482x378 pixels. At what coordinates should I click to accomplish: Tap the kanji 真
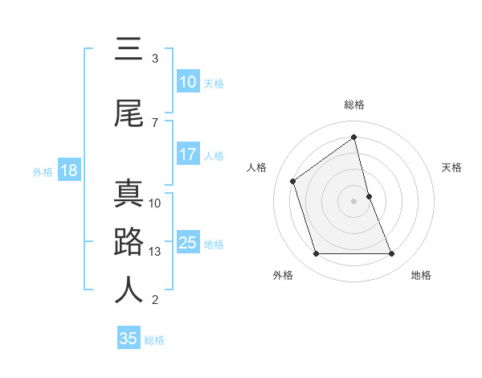tap(129, 194)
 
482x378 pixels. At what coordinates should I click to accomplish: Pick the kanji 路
tap(129, 242)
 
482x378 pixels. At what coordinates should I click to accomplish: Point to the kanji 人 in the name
tap(129, 290)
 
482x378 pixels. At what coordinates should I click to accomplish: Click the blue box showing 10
tap(188, 82)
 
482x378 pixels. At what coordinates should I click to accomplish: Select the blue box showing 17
tap(188, 154)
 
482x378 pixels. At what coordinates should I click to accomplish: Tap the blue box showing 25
tap(188, 243)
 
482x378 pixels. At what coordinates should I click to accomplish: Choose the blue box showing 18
tap(68, 171)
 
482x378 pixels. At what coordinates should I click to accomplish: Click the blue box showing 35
tap(129, 339)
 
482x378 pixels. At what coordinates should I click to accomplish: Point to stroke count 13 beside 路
tap(156, 252)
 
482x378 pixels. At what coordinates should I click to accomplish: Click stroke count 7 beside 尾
tap(155, 123)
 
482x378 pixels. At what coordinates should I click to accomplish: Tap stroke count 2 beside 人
tap(155, 300)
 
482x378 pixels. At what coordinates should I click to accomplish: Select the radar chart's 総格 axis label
tap(354, 105)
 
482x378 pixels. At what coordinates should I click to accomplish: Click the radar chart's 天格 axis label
tap(452, 167)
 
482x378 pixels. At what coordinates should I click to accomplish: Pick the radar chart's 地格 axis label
tap(421, 275)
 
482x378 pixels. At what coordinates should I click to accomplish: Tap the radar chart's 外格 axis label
tap(283, 275)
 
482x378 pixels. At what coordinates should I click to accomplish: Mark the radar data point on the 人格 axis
tap(293, 181)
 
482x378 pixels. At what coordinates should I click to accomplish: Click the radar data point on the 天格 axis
tap(369, 196)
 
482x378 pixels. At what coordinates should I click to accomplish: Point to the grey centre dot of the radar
tap(354, 201)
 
